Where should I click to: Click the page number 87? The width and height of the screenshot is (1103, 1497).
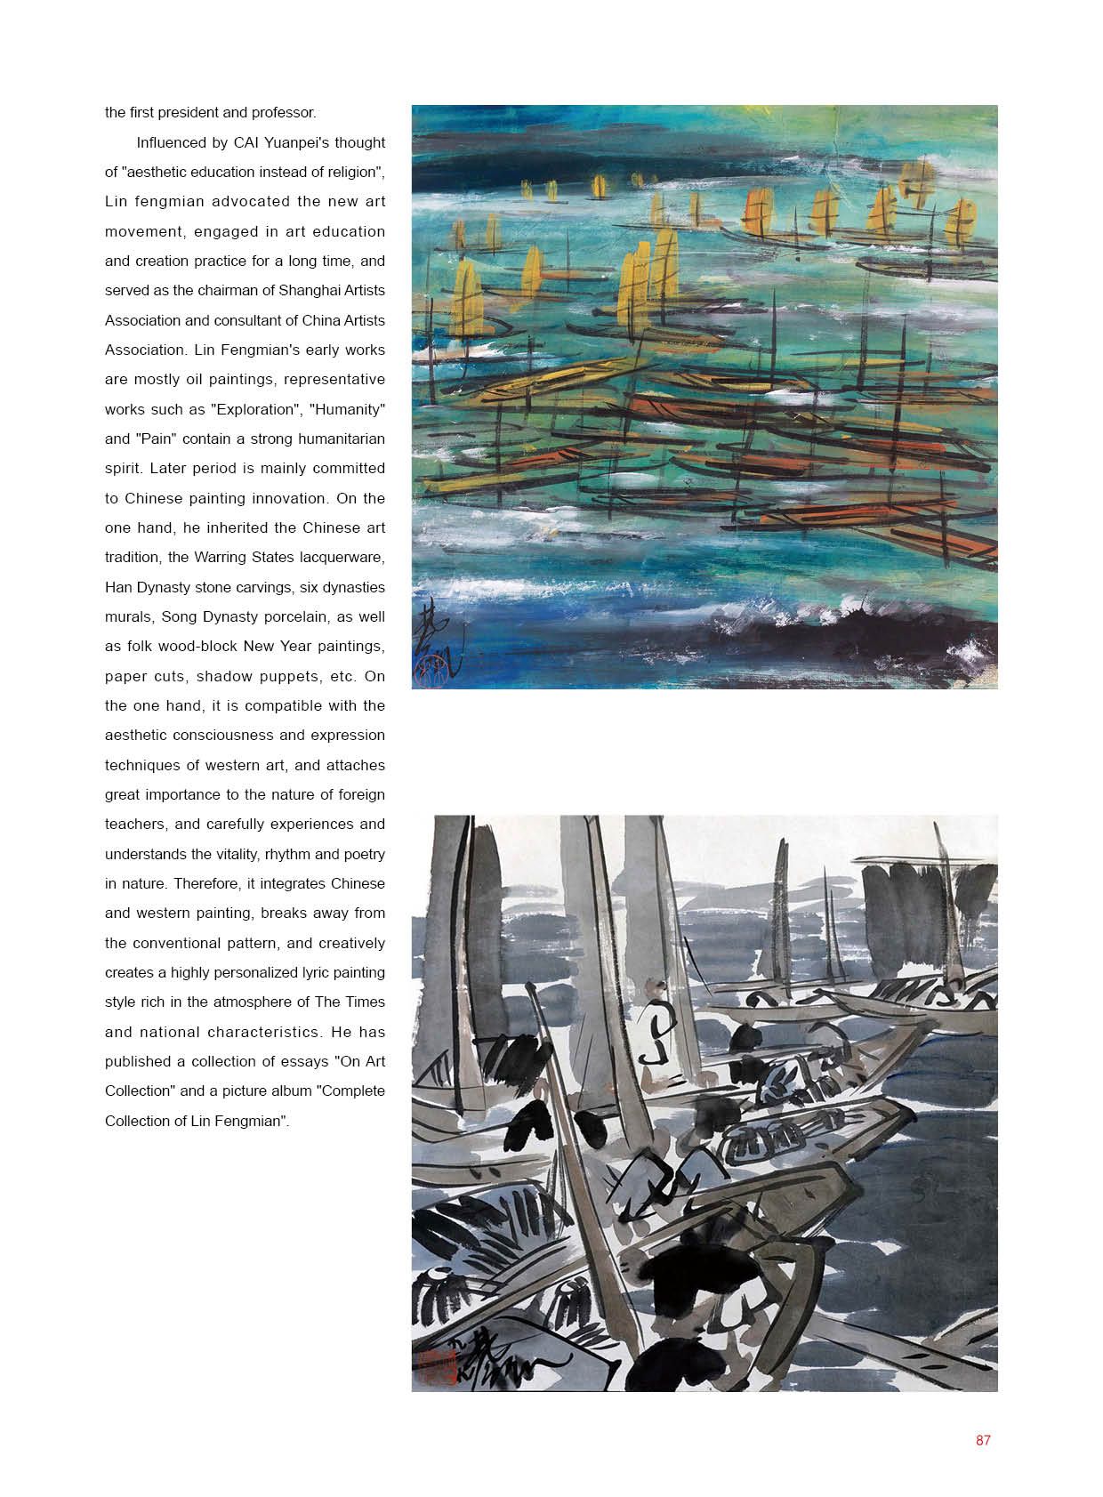point(982,1440)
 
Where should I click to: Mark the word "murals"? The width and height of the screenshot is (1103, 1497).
point(128,616)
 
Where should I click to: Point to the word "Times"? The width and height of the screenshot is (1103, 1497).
point(365,1002)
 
